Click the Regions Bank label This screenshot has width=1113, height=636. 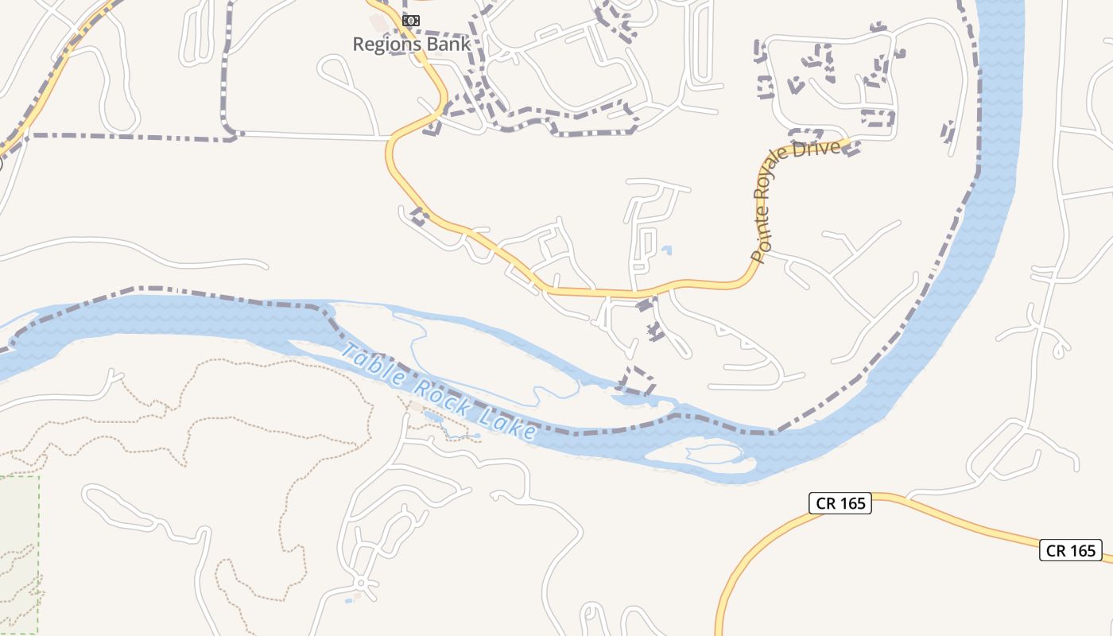click(412, 44)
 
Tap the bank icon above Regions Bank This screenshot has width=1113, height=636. click(411, 20)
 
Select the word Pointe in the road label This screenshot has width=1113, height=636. click(762, 235)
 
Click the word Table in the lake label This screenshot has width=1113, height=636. click(372, 365)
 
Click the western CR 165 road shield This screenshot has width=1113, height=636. click(840, 502)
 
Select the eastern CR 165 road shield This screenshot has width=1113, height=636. click(1071, 550)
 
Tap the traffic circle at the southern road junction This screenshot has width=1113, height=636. click(361, 580)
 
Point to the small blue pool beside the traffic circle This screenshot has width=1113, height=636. click(348, 600)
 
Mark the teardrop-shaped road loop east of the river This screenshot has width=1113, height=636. click(1060, 349)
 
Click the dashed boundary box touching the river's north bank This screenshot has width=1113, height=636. click(638, 380)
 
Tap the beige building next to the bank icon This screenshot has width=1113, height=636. click(381, 23)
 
